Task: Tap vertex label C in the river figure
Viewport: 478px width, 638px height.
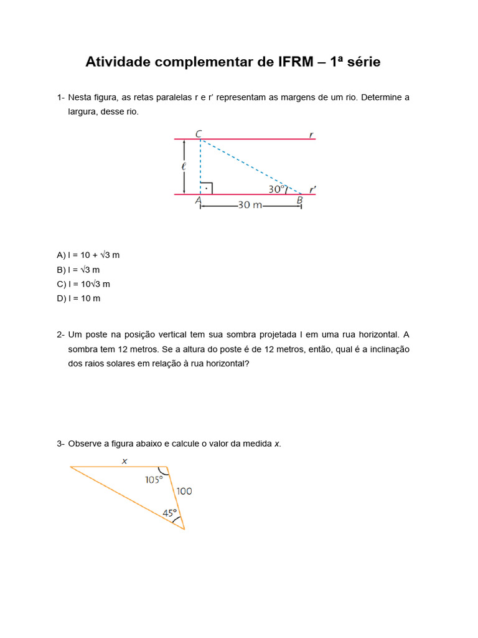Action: click(x=198, y=133)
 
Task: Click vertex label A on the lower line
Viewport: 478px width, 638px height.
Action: click(x=198, y=201)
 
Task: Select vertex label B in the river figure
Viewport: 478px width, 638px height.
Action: click(x=299, y=200)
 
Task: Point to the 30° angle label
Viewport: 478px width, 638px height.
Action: click(x=276, y=189)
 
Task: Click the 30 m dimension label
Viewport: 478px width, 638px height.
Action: click(x=250, y=205)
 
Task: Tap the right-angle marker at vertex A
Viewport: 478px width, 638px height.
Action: click(x=207, y=188)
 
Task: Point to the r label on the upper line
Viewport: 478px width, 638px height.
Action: click(x=311, y=134)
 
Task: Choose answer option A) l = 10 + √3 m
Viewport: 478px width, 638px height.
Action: click(x=88, y=255)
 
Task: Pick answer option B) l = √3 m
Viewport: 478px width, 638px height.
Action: click(x=78, y=270)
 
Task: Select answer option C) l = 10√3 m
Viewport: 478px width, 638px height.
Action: click(x=83, y=284)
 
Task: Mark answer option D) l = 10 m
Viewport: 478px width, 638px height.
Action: click(x=78, y=298)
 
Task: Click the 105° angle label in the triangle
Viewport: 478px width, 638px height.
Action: click(x=154, y=480)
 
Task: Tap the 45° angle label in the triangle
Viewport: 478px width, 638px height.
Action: click(x=170, y=513)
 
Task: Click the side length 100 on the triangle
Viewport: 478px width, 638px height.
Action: click(x=184, y=491)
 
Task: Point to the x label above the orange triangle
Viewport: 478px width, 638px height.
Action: click(x=124, y=461)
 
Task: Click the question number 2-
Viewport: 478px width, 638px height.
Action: click(x=60, y=335)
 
